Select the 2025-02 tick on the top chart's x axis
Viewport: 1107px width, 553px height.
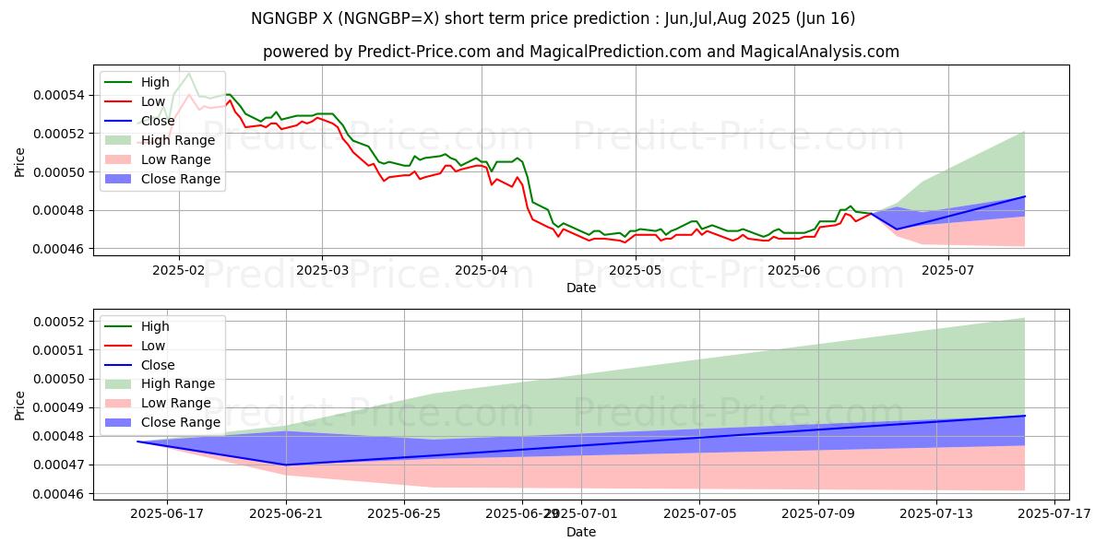pos(179,270)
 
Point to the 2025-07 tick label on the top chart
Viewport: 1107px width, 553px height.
pos(949,270)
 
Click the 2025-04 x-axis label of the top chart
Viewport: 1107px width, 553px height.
pos(482,270)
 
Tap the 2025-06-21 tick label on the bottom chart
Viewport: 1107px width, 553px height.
pos(286,514)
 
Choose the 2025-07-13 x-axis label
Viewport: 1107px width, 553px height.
pos(936,514)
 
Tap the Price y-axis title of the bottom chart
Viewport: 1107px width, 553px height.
pos(20,405)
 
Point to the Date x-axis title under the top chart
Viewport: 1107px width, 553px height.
pos(581,288)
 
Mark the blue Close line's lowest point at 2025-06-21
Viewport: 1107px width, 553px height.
pos(286,465)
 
